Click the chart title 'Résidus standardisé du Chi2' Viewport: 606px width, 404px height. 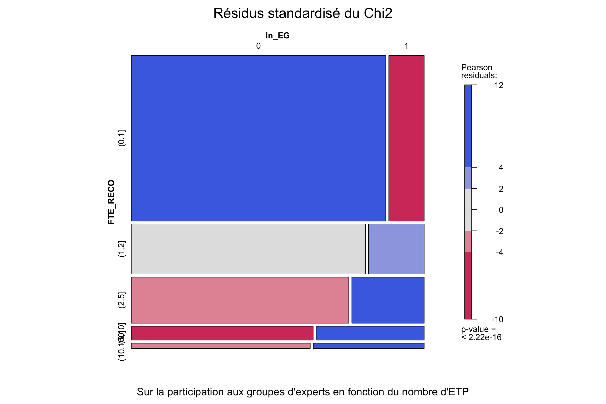click(303, 13)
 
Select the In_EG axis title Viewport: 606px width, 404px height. click(277, 36)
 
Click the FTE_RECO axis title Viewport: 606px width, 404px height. click(111, 202)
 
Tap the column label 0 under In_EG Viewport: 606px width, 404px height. click(258, 46)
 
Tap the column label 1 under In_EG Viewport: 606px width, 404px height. click(406, 46)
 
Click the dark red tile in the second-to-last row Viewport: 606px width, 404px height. click(222, 333)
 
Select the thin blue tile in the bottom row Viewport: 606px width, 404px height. click(368, 346)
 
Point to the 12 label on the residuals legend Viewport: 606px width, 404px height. click(499, 85)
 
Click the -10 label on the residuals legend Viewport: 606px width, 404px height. click(497, 319)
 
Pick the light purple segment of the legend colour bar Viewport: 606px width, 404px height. click(468, 178)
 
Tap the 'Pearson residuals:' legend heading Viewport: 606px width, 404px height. click(479, 71)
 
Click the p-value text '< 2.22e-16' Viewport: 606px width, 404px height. click(481, 337)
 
